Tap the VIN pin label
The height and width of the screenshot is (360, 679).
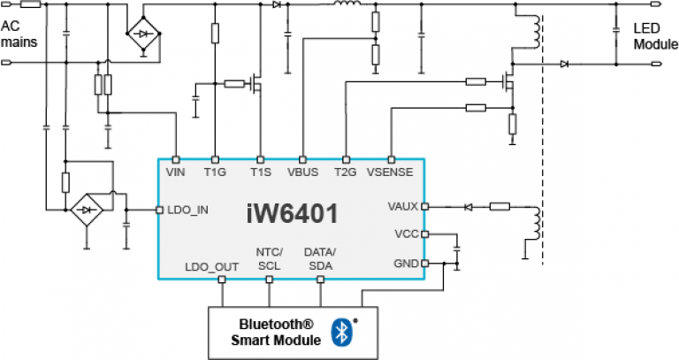176,172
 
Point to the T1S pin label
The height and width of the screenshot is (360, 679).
259,172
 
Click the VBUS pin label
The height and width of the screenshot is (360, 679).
303,172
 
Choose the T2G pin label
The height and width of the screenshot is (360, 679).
345,172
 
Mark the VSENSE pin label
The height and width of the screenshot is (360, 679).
390,172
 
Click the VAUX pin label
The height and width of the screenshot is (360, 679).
402,206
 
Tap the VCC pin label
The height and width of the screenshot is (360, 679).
406,234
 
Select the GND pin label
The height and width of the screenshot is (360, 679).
405,264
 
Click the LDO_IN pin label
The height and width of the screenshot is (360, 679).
186,211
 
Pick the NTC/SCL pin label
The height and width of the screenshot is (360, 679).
270,259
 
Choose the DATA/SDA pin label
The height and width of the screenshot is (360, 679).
320,259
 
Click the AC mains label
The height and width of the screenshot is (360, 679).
20,34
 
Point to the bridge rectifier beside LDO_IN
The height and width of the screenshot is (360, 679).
86,211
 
